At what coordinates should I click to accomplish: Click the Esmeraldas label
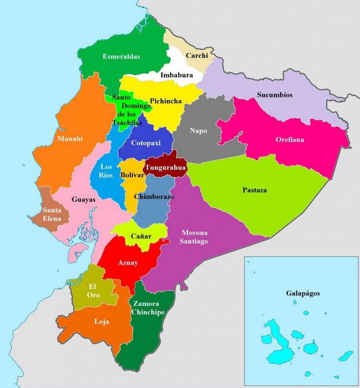point(121,56)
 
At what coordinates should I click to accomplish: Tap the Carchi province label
point(197,56)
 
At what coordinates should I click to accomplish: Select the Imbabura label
point(177,75)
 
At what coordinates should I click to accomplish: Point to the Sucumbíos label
point(274,95)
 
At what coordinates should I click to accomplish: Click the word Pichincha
point(166,101)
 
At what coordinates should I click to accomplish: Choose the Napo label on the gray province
point(198,131)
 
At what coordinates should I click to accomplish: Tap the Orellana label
point(290,140)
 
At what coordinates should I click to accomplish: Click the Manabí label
point(70,139)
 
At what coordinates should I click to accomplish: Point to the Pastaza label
point(254,190)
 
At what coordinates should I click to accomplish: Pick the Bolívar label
point(131,174)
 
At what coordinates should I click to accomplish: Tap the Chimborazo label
point(154,196)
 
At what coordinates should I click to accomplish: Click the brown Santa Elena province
point(51,215)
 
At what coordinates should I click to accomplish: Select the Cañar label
point(141,237)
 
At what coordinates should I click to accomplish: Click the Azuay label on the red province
point(128,263)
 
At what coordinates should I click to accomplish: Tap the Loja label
point(101,322)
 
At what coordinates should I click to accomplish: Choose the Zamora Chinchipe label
point(148,308)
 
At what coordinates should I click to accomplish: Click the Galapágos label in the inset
point(303,293)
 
